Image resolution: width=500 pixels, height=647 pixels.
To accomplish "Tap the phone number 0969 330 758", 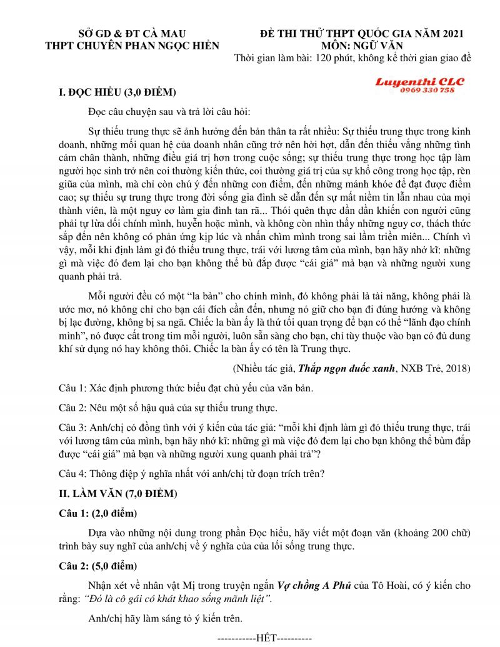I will [427, 90].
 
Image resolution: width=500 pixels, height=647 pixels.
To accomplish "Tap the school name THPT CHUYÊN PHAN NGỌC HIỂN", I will [132, 46].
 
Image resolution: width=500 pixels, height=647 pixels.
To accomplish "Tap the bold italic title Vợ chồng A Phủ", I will [314, 586].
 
